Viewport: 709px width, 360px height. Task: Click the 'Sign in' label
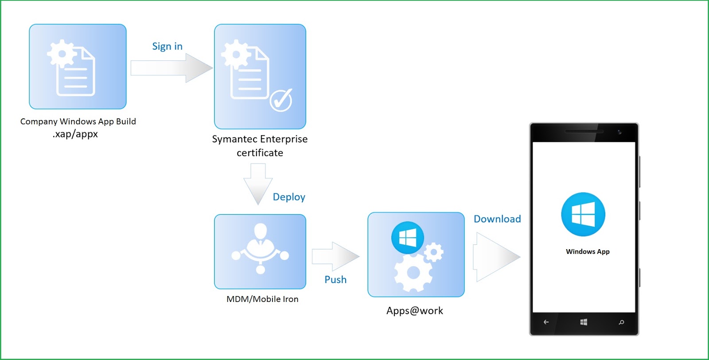(167, 46)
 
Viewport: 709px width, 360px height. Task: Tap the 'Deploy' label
(289, 197)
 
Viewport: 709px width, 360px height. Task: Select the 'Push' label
(335, 280)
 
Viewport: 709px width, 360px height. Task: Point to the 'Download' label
(497, 219)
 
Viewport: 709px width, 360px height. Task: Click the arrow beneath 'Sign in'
(171, 68)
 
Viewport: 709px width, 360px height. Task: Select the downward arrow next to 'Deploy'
(258, 184)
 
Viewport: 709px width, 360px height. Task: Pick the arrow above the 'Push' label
(335, 256)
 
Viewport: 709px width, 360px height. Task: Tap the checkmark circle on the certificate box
(281, 100)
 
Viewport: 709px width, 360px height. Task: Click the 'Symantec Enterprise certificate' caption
(260, 146)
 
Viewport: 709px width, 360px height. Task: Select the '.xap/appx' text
(75, 134)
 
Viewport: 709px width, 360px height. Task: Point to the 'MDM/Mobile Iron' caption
(262, 299)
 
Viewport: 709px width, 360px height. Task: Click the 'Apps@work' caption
(415, 311)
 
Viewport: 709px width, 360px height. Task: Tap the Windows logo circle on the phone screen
(583, 214)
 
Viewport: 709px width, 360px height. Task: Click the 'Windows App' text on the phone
(588, 251)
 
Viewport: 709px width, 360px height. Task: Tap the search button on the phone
(621, 322)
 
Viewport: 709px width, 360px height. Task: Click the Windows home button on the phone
(584, 322)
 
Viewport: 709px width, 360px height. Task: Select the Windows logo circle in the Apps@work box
(408, 238)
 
